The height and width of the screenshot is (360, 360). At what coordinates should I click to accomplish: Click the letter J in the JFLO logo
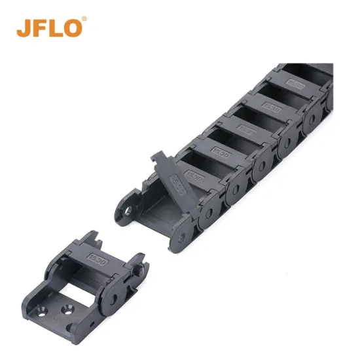[25, 28]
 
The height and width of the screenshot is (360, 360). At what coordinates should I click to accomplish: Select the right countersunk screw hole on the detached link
[67, 307]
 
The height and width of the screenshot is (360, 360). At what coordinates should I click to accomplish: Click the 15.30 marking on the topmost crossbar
[296, 85]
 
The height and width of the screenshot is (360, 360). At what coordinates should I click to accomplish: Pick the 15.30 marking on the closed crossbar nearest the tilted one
[194, 175]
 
